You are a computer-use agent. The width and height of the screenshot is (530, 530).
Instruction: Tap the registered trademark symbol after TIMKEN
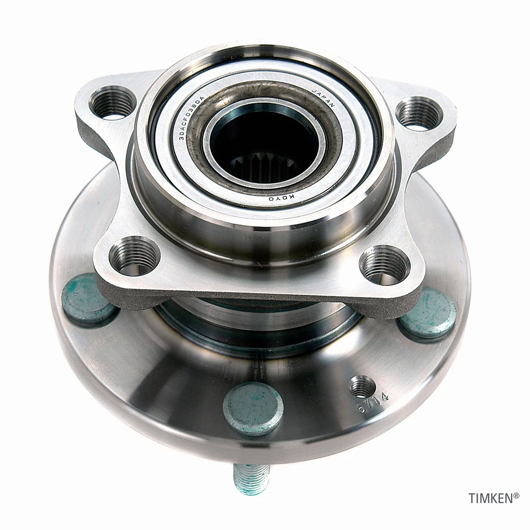(x=517, y=496)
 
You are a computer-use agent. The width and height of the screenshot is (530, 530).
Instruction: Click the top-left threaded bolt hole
(x=114, y=103)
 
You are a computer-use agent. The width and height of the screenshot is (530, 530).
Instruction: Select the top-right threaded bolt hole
(x=420, y=113)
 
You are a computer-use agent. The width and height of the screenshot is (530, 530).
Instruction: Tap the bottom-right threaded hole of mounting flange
(x=385, y=264)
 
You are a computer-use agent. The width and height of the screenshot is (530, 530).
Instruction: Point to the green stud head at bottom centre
(x=253, y=408)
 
